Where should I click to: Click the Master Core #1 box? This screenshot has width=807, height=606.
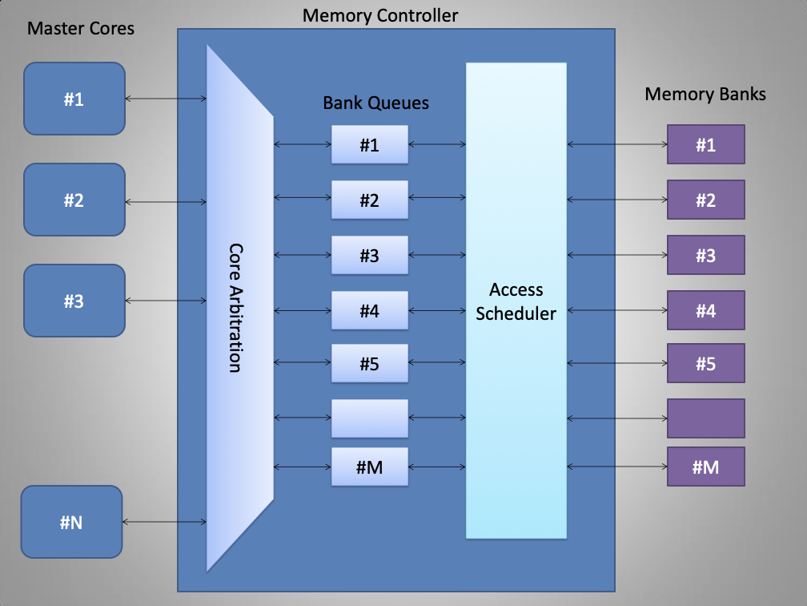74,99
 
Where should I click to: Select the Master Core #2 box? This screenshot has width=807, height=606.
74,200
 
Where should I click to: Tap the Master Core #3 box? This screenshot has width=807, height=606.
74,301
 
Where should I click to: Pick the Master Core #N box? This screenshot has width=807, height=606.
71,522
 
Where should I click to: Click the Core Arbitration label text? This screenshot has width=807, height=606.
235,308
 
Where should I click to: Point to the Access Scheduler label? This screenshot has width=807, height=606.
516,301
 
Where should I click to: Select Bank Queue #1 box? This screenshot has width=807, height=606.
369,145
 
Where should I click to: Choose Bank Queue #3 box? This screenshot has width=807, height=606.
369,256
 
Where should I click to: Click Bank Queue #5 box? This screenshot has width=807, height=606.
369,364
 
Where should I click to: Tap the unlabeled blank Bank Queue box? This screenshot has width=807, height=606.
369,418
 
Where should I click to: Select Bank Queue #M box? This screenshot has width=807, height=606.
369,467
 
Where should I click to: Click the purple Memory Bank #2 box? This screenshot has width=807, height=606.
705,200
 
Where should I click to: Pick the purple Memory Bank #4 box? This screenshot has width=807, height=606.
705,310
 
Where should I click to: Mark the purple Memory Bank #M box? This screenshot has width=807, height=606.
705,467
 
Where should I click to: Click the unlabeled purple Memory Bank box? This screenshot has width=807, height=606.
705,418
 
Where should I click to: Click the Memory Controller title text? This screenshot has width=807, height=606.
380,15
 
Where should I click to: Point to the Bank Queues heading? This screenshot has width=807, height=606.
375,103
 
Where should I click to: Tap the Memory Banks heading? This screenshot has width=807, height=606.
705,94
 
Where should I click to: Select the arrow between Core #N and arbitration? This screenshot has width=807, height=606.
164,522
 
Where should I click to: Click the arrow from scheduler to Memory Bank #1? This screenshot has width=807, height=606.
617,145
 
